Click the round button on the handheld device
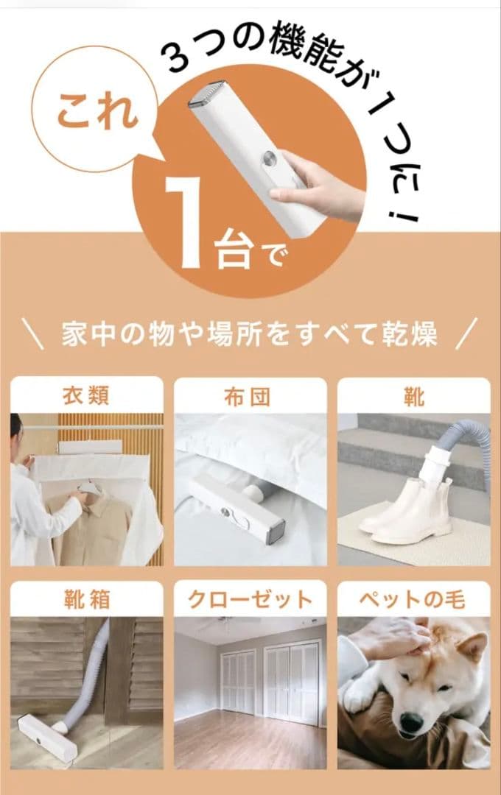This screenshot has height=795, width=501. tap(270, 160)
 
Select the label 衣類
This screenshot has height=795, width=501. tap(86, 397)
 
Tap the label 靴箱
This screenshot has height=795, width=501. tap(86, 599)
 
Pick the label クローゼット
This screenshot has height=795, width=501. tap(250, 599)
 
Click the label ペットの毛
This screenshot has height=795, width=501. tap(413, 599)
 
